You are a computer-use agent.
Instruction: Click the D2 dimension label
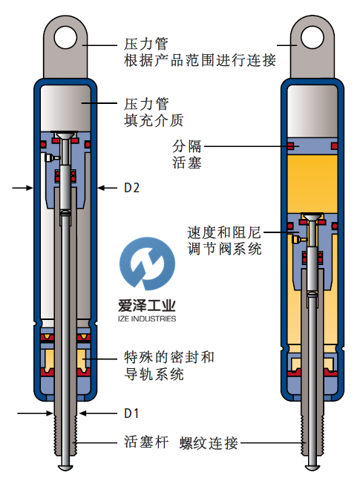point(131,188)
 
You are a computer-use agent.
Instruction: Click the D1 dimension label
point(131,414)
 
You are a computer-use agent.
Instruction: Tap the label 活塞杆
point(146,442)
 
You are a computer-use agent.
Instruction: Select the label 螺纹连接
point(209,443)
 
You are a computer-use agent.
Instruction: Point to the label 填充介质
point(154,120)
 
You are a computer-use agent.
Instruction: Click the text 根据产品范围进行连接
point(200,60)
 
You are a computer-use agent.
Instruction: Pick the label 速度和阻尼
point(223,232)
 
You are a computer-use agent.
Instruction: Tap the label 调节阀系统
point(224,249)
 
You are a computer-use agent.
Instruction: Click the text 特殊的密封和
point(169,358)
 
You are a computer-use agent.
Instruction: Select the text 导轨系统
point(154,374)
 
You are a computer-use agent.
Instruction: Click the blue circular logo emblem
point(147,264)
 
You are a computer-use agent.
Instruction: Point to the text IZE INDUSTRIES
point(147,318)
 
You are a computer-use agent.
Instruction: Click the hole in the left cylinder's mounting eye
point(65,38)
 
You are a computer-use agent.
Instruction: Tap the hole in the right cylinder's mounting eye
point(312,38)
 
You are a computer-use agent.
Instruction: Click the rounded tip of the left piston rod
point(65,467)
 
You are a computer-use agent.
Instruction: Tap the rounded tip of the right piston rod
point(312,467)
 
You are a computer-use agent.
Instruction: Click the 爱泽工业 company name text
point(147,306)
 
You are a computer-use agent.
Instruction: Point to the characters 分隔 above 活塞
point(187,146)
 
